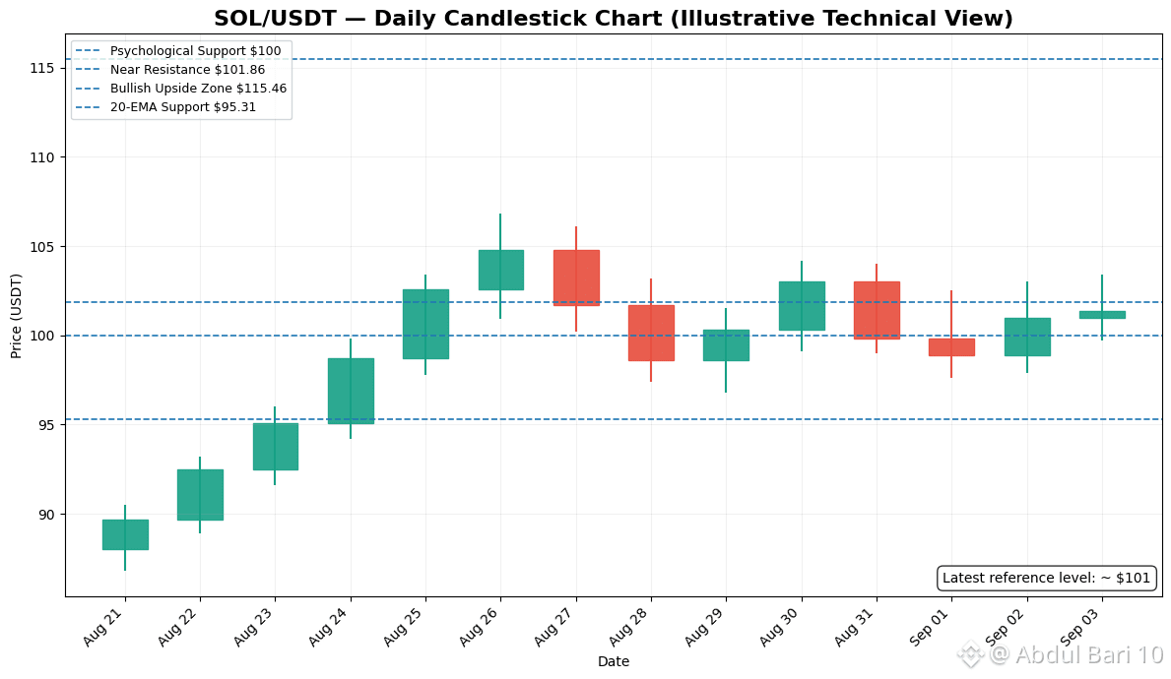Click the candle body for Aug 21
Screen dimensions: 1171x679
coord(125,534)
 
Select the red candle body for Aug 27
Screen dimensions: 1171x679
coord(576,278)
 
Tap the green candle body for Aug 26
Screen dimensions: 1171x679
coord(501,270)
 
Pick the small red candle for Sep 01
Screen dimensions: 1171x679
coord(951,347)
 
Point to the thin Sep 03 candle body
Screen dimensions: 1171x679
coord(1102,315)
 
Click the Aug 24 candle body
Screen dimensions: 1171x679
coord(351,391)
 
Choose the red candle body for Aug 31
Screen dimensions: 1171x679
coord(877,310)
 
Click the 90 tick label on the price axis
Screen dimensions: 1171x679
coord(47,514)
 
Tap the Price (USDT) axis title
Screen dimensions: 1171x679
coord(16,316)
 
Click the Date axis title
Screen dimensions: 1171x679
coord(614,661)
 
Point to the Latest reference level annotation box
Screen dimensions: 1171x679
coord(1046,578)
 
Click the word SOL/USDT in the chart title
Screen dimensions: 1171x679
coord(275,18)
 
